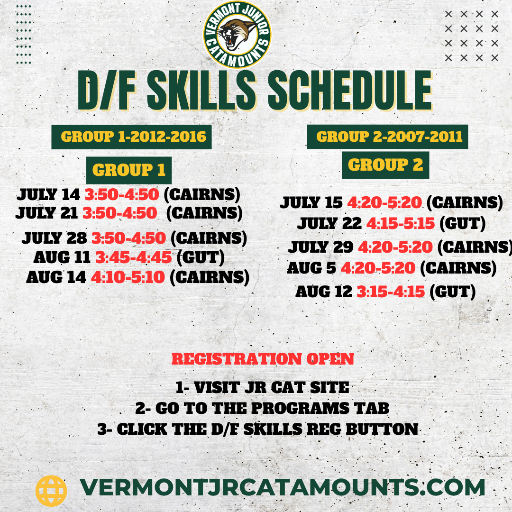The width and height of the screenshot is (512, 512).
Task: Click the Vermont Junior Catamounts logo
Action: (237, 35)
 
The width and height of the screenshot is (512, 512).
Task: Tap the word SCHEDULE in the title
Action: (350, 91)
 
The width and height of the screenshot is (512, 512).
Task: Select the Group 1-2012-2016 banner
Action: (132, 137)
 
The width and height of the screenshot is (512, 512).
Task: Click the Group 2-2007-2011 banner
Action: (388, 137)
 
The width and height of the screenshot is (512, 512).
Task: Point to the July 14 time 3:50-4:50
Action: (122, 195)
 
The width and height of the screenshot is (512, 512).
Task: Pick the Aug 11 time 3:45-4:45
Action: (133, 257)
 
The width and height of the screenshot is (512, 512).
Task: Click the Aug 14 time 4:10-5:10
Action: (128, 277)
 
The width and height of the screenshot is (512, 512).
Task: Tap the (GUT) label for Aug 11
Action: (201, 257)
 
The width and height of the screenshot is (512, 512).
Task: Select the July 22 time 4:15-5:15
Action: (401, 224)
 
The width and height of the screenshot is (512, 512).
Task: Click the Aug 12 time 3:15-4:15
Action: (391, 292)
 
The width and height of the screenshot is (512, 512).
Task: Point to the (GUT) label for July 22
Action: (462, 224)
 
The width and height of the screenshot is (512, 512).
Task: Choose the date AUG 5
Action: (311, 268)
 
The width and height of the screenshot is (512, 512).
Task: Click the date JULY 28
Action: (54, 238)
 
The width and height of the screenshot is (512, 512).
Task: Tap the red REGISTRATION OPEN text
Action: (263, 359)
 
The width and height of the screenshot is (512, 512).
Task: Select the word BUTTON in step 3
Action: (382, 429)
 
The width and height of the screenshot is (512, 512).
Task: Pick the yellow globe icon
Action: (51, 491)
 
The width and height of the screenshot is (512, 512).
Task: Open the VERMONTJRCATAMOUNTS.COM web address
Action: (283, 487)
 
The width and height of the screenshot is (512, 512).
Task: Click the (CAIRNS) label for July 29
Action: (475, 247)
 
